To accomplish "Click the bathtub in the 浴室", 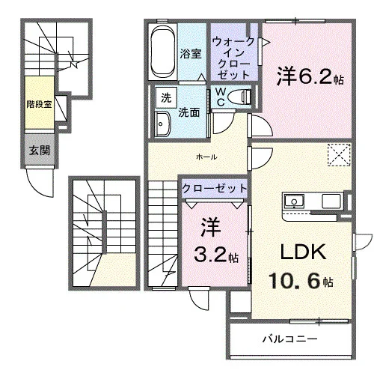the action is point(163,52).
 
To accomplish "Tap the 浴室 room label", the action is point(191,54).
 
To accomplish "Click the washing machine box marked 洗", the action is point(166,97).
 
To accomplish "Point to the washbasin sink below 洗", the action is point(162,124).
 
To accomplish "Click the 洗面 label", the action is point(189,112).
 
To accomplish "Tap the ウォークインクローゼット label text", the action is point(234,58).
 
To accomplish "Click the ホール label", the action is point(206,157).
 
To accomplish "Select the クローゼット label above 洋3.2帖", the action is point(215,188).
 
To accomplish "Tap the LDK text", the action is point(304,252).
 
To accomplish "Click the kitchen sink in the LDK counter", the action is point(294,201).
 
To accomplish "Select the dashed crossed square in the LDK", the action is point(339,155).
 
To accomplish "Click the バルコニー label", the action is point(290,339).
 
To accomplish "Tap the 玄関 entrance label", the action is point(40,150).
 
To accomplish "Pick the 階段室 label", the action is point(40,104).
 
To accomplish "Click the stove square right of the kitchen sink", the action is point(331,201).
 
